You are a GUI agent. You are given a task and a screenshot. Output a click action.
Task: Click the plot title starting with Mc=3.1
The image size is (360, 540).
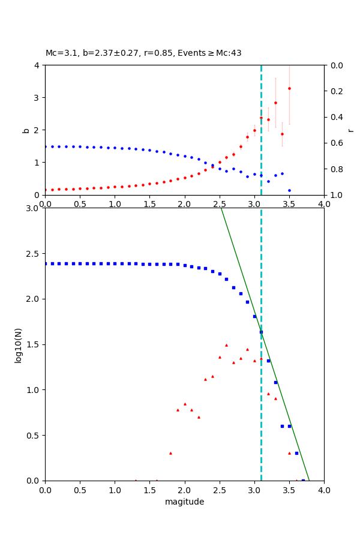[143, 53]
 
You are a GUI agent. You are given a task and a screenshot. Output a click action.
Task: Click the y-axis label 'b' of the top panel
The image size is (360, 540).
[26, 130]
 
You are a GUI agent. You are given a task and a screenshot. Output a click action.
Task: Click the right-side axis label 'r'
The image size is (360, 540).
[350, 130]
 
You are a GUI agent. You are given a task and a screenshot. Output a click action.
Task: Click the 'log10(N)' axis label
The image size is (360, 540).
[18, 344]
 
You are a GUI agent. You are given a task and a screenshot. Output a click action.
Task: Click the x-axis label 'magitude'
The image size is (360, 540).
[184, 502]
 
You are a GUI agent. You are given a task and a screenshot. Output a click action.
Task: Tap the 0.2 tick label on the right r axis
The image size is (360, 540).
[337, 91]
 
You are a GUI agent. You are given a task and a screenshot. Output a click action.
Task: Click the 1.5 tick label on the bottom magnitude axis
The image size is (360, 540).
[149, 490]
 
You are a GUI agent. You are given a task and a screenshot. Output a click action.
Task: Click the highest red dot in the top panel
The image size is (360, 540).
[289, 88]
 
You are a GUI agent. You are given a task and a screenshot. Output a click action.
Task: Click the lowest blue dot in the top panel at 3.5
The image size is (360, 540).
[289, 190]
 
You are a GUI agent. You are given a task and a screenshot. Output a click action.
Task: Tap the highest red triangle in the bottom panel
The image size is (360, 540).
[226, 345]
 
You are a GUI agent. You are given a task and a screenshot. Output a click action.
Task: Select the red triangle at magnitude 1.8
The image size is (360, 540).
[170, 453]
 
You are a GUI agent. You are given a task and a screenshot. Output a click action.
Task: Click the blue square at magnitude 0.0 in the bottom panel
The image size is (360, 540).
[45, 263]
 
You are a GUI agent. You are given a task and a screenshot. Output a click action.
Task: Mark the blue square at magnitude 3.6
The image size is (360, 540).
[296, 453]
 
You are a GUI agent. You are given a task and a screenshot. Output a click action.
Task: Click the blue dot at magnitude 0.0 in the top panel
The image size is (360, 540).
[45, 146]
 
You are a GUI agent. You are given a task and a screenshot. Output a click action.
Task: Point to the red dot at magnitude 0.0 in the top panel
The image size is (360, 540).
[45, 190]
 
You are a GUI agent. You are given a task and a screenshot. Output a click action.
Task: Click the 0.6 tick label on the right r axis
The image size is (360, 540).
[337, 143]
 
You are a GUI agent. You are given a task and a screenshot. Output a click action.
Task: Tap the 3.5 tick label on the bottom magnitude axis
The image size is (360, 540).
[289, 490]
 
